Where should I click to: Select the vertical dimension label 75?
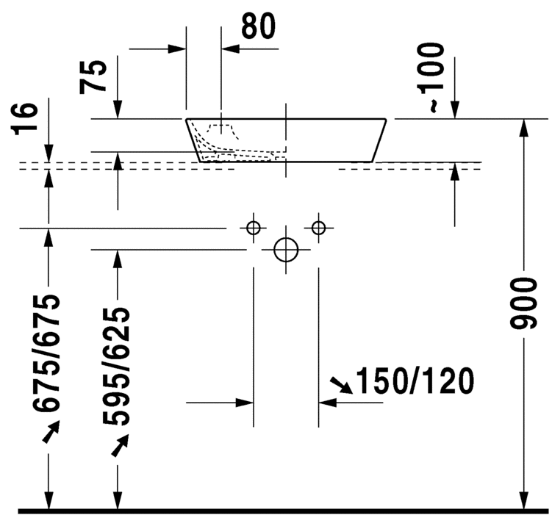click(x=95, y=75)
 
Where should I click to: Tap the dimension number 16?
click(x=24, y=119)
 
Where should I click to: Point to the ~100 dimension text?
click(x=434, y=77)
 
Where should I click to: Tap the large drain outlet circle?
click(x=286, y=250)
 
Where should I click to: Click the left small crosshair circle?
click(x=254, y=228)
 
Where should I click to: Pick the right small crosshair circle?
click(x=318, y=228)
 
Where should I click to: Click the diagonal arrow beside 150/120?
click(x=340, y=385)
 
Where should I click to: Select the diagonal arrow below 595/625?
click(x=120, y=445)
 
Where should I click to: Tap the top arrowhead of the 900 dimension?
click(x=523, y=127)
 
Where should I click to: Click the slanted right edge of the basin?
click(x=380, y=140)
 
